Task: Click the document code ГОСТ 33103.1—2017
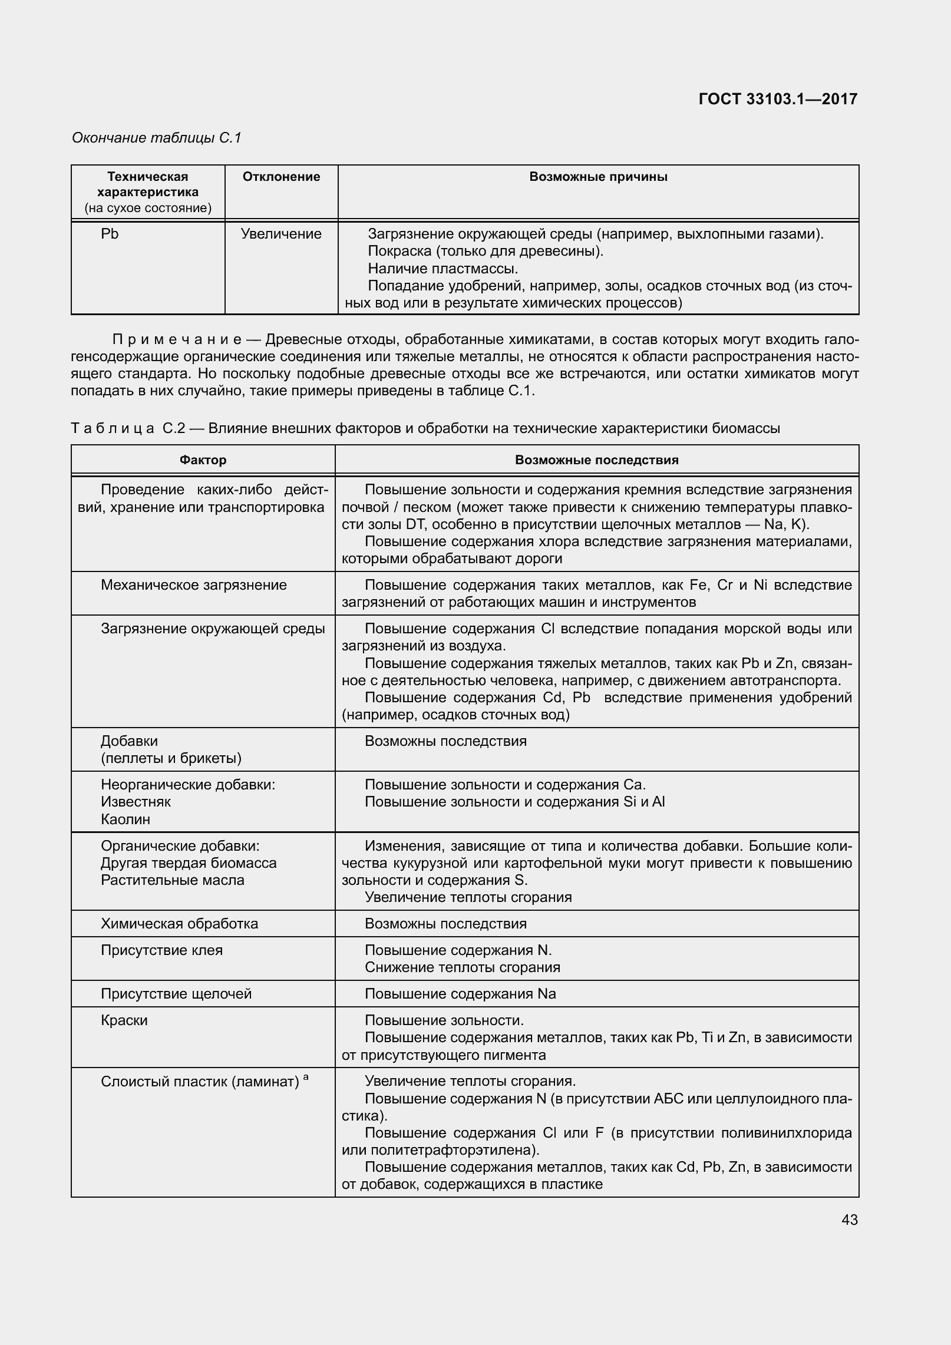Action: pos(777,99)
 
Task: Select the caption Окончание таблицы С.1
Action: pos(157,138)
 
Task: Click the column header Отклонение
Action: pos(281,177)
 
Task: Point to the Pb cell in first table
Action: pos(110,234)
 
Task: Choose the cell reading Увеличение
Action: pos(281,234)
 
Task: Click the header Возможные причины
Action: pos(598,177)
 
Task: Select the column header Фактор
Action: pos(203,460)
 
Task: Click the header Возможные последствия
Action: pos(596,460)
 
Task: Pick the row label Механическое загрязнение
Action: pos(194,585)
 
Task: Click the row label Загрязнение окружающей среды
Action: pos(213,629)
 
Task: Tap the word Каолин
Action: pos(126,819)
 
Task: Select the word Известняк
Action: pos(136,802)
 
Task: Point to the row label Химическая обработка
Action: pos(179,924)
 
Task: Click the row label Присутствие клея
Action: pos(161,950)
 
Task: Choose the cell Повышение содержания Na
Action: pos(460,994)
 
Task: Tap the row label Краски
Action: pos(124,1020)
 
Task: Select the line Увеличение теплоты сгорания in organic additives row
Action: pos(468,897)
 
